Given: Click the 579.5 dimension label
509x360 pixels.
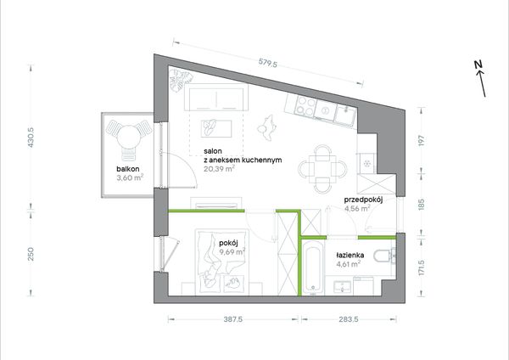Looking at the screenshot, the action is coord(268,62).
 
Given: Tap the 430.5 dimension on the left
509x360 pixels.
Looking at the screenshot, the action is coord(31,138).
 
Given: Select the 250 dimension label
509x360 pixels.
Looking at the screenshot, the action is coord(31,254).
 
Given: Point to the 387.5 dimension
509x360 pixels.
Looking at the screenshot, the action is coord(233,319).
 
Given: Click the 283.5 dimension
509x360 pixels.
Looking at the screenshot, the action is coord(349,319).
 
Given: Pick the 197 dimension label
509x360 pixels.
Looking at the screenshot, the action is coord(422,140).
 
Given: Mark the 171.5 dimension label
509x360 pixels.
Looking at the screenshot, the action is coord(422,267).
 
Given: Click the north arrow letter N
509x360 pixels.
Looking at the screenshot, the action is coord(478,65).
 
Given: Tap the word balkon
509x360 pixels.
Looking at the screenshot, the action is coord(128,169).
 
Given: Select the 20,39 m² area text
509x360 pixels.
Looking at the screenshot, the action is coord(220,169).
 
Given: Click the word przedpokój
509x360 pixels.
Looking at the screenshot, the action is coord(363,200).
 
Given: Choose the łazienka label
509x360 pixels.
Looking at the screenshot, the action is coord(350,256).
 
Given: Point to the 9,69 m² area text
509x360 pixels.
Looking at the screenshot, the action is coord(232,252).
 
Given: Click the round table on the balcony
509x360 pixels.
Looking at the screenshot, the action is coord(129,137).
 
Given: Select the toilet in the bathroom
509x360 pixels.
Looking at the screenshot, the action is coord(384,256).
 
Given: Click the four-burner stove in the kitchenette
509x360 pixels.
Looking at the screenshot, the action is coord(305,106).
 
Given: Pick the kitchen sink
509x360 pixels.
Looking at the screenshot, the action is coord(346,115).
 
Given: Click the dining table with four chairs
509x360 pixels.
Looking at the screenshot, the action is coord(322,169).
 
